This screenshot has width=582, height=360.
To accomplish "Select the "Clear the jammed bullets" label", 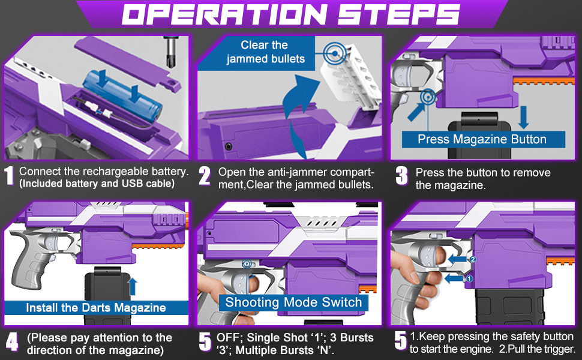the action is tap(264, 52).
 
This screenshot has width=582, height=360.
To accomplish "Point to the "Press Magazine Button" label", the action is tap(482, 139).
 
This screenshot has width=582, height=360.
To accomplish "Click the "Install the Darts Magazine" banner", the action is tap(95, 308).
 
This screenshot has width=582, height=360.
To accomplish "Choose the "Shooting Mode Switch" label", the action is tap(293, 302).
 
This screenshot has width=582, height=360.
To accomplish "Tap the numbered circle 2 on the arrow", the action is tap(472, 260).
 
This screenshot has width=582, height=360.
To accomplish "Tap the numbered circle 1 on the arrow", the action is tap(470, 278).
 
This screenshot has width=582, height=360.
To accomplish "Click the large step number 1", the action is tap(10, 176).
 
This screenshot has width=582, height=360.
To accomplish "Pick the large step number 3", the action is tap(402, 176).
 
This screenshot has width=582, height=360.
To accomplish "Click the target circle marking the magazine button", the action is tap(428, 96).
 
